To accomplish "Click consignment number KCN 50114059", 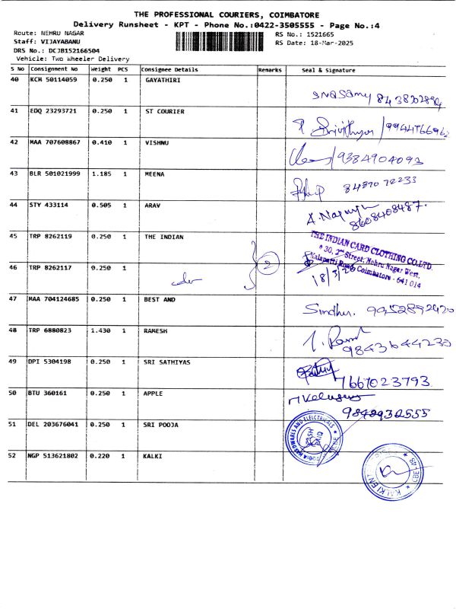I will click(52, 80).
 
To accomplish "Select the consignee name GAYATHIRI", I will click(162, 80).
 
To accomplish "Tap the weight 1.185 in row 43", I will click(101, 174).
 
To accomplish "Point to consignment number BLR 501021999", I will click(55, 174).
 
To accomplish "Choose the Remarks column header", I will click(270, 69).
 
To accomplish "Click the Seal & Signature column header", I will click(328, 69).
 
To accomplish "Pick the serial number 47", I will click(14, 299).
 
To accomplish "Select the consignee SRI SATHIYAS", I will click(168, 362).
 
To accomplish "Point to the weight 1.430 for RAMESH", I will click(101, 330).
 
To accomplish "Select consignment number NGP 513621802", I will click(55, 455).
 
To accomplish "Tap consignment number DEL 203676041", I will click(55, 424).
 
